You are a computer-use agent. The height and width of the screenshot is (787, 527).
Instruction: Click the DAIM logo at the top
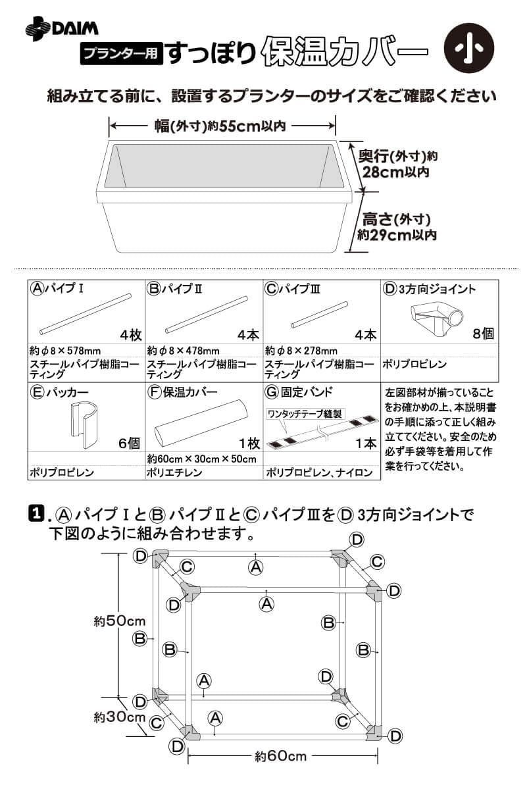[x=62, y=28]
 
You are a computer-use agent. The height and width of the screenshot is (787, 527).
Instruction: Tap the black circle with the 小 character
[x=469, y=49]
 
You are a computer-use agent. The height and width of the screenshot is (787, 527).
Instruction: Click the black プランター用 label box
[x=121, y=54]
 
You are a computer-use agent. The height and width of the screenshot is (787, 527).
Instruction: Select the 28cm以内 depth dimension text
[x=395, y=172]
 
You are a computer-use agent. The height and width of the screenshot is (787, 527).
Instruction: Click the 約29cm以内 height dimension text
[x=397, y=234]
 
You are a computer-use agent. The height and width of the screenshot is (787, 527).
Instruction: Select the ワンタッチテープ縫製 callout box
[x=304, y=414]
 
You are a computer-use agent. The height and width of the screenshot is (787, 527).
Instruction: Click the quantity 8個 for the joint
[x=483, y=334]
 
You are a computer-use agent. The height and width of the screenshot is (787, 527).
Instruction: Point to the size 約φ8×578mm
[x=65, y=351]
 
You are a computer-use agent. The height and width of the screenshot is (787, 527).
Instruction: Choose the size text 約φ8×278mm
[x=301, y=351]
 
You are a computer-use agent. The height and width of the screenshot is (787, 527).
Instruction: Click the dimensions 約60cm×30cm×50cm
[x=201, y=459]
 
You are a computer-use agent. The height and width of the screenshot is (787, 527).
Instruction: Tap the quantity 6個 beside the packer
[x=129, y=444]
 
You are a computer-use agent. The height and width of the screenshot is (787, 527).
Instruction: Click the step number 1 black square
[x=37, y=514]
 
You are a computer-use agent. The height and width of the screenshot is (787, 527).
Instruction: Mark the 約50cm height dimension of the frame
[x=119, y=621]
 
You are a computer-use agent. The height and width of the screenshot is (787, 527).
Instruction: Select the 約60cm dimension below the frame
[x=280, y=756]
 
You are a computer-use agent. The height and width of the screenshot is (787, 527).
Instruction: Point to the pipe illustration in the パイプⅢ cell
[x=319, y=315]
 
